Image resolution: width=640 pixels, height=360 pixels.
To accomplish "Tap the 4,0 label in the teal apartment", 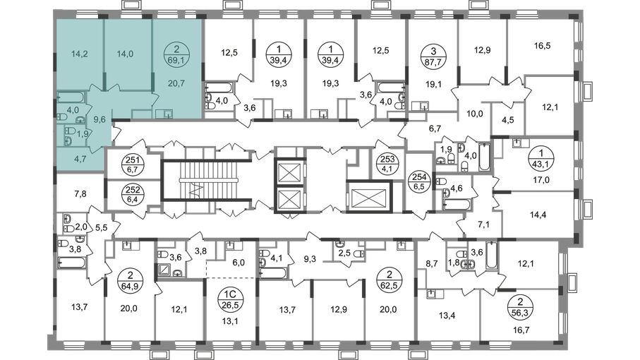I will click(x=73, y=110).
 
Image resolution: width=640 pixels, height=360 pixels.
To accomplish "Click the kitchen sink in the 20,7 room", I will click(x=167, y=113).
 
